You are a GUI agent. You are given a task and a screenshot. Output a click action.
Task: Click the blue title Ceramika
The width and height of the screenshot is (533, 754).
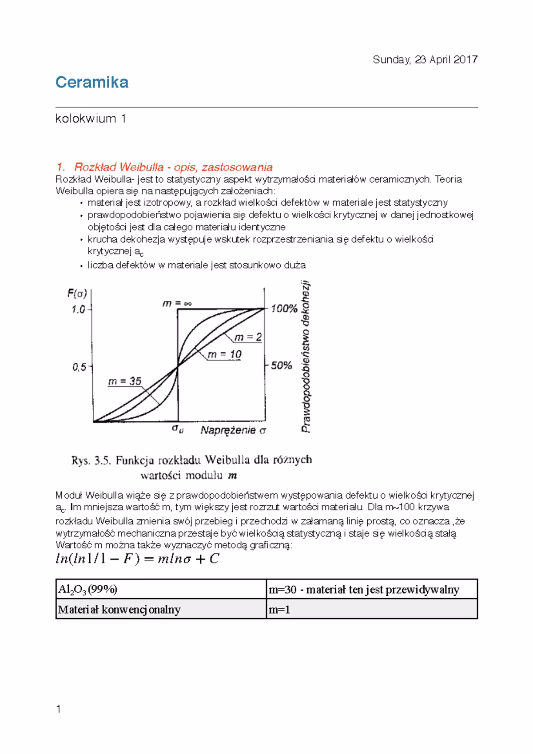(92, 83)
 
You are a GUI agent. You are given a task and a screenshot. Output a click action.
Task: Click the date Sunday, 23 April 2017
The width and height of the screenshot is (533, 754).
(425, 60)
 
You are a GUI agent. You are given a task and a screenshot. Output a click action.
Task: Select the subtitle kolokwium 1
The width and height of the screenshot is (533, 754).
(91, 119)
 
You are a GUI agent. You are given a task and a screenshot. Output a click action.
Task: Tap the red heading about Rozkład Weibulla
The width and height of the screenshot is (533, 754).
(164, 167)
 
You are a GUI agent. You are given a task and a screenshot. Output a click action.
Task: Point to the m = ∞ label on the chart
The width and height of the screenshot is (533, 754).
(177, 304)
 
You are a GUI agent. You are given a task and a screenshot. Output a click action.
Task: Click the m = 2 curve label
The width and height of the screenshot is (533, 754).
(248, 337)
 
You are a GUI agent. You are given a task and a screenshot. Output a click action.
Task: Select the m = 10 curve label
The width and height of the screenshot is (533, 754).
(224, 354)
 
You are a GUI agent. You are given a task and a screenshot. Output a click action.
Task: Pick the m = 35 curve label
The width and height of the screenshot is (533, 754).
(125, 381)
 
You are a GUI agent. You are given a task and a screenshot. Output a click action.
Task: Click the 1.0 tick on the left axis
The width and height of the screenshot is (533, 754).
(79, 310)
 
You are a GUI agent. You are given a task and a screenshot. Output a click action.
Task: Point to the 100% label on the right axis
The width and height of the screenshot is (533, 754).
(284, 309)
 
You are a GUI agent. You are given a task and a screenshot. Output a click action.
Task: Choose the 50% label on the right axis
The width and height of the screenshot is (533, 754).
(282, 366)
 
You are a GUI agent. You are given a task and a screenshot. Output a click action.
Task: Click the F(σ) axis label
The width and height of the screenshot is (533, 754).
(77, 294)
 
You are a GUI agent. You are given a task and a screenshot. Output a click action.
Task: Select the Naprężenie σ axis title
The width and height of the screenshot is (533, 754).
(233, 430)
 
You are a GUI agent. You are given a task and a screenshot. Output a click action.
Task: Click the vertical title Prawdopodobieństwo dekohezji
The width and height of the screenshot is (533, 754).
(306, 356)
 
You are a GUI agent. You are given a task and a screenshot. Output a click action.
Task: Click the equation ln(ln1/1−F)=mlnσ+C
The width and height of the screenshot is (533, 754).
(137, 559)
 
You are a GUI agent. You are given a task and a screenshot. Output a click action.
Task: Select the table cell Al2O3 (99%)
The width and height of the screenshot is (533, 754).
(88, 589)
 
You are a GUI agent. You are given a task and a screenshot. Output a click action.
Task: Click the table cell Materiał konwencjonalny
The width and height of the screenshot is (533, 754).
(119, 609)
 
